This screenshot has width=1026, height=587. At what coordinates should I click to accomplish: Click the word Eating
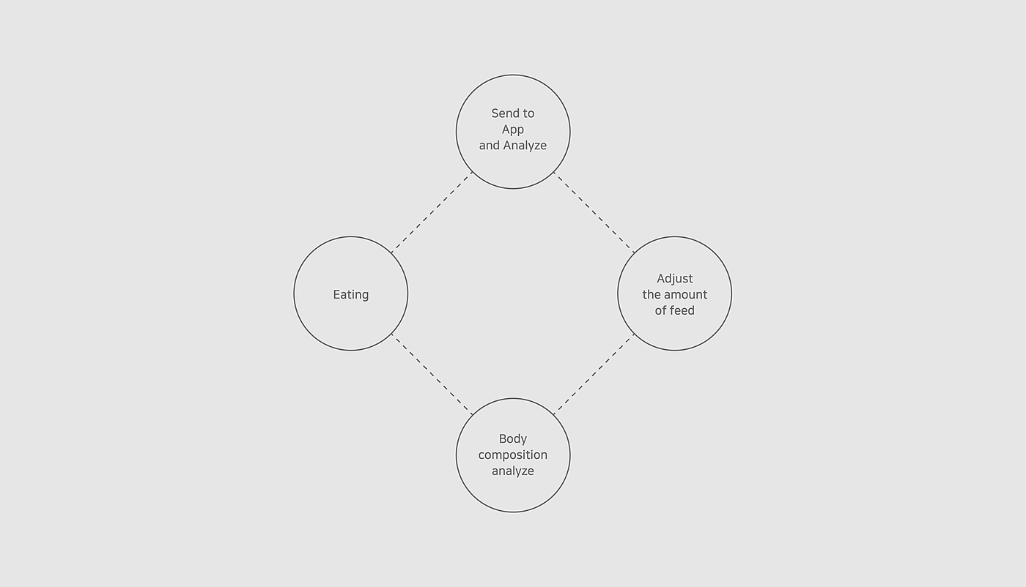tap(350, 294)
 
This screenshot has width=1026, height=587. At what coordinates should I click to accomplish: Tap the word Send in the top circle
tap(504, 113)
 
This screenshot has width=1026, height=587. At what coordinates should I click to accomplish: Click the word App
tap(513, 130)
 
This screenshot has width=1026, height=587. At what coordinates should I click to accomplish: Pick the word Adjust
tap(674, 278)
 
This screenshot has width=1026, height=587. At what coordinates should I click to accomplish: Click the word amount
tap(685, 294)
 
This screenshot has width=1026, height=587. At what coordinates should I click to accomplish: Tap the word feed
tap(682, 310)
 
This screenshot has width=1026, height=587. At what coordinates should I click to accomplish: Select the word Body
tap(513, 439)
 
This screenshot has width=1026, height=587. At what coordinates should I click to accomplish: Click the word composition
tap(513, 455)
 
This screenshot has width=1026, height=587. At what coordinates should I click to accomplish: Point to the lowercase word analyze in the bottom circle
tap(513, 471)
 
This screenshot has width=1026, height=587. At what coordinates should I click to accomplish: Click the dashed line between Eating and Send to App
tap(432, 213)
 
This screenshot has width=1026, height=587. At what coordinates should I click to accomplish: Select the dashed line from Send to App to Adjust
tap(594, 213)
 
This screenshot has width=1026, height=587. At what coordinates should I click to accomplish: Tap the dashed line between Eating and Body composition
tap(432, 375)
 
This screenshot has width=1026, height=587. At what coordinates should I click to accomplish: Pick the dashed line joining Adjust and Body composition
tap(594, 375)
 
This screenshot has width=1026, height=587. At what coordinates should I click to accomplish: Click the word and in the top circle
tap(489, 146)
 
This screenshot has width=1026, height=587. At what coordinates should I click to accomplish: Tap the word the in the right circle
tap(652, 294)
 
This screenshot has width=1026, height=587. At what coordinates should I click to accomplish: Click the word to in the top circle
tap(528, 113)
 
